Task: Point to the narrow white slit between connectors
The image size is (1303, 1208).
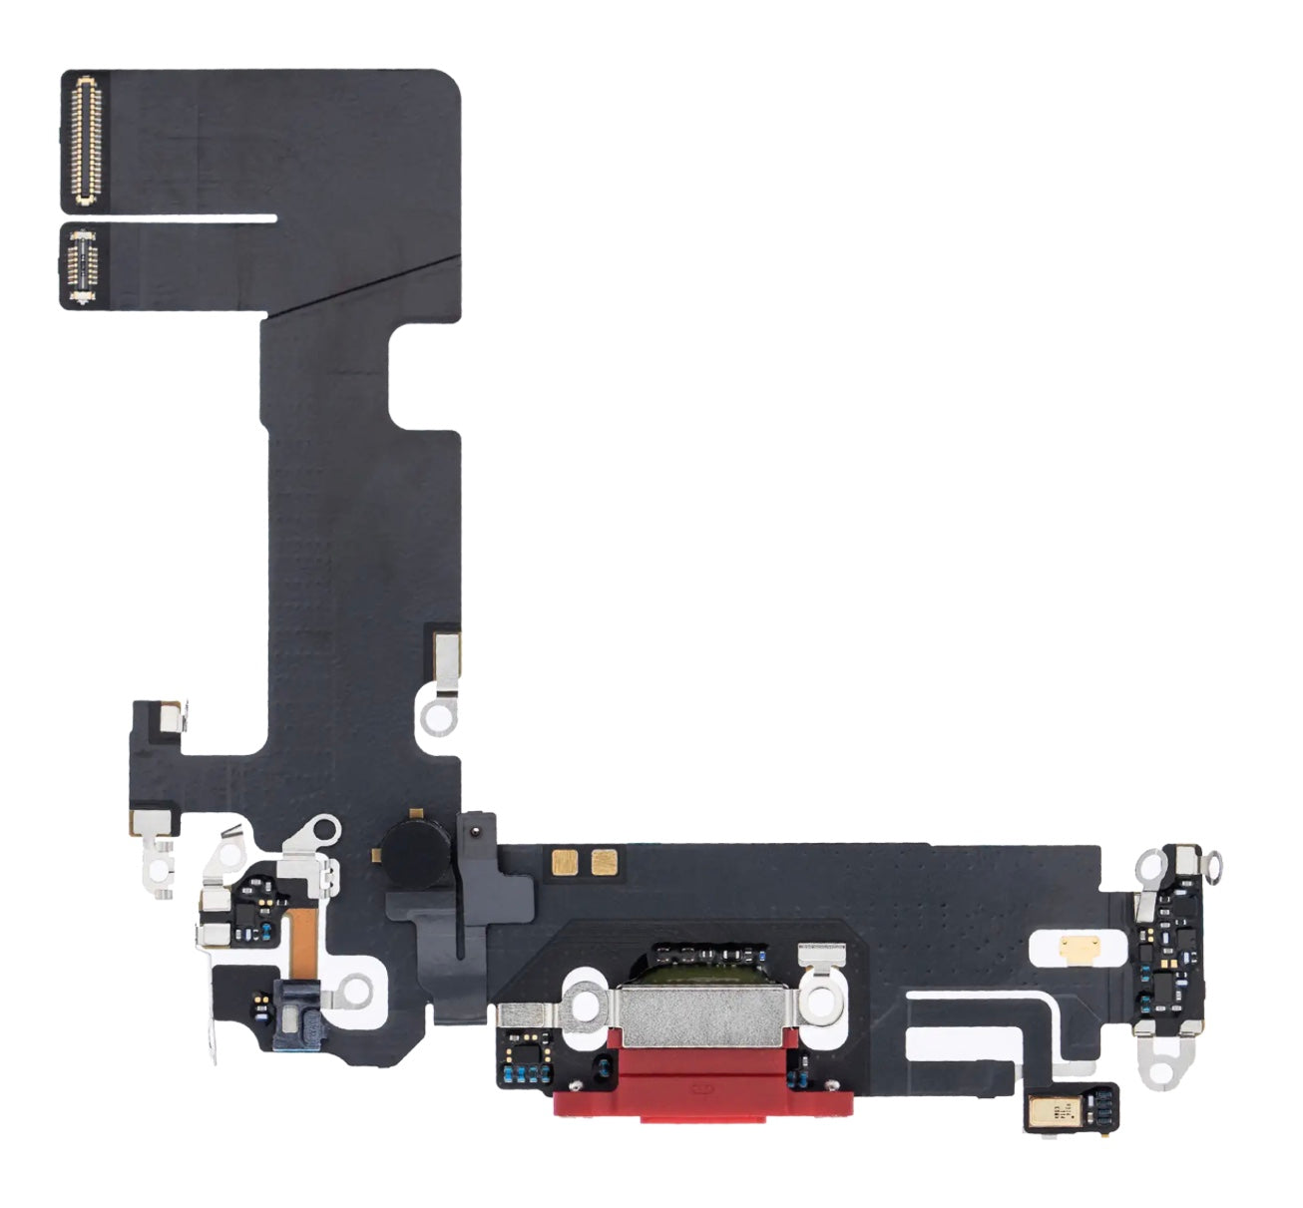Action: pyautogui.click(x=200, y=214)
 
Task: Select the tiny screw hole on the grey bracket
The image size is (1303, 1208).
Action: pyautogui.click(x=475, y=827)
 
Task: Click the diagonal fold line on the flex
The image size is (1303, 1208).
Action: pyautogui.click(x=359, y=288)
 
